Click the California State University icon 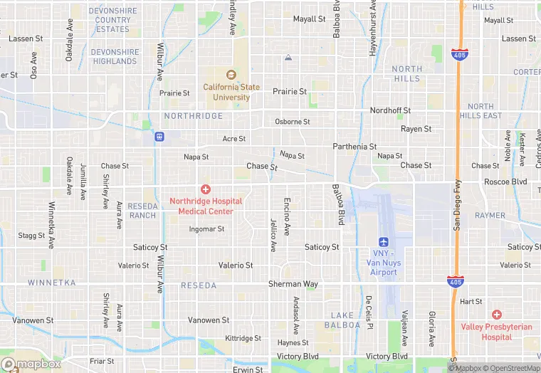pyautogui.click(x=230, y=75)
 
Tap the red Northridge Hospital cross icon pyautogui.click(x=206, y=189)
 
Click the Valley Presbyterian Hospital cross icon pyautogui.click(x=497, y=315)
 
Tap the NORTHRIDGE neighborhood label pyautogui.click(x=193, y=116)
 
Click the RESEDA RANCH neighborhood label pyautogui.click(x=142, y=211)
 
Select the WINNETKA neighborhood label pyautogui.click(x=51, y=283)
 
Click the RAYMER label pyautogui.click(x=490, y=215)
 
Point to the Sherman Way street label pyautogui.click(x=293, y=284)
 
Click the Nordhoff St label pyautogui.click(x=390, y=111)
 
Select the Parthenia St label pyautogui.click(x=354, y=147)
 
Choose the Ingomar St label pyautogui.click(x=206, y=229)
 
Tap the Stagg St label pyautogui.click(x=31, y=236)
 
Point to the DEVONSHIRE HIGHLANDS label pyautogui.click(x=114, y=57)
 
